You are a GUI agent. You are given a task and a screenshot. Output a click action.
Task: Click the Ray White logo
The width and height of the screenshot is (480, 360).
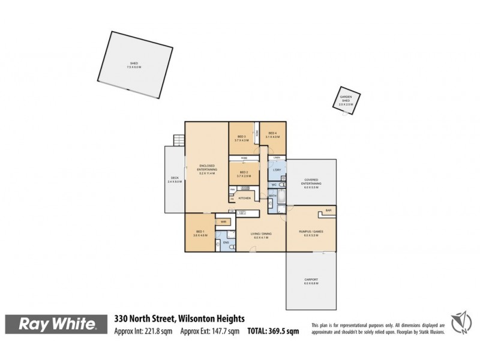coord(58,325)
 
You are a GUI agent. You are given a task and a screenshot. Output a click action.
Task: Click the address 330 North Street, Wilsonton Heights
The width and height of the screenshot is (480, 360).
coord(179,319)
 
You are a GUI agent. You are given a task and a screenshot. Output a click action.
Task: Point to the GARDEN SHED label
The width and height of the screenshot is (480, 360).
coord(346,100)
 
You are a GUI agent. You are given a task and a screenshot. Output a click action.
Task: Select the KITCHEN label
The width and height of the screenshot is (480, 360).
coord(244,198)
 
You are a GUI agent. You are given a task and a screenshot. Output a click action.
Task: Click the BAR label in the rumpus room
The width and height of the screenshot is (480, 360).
coord(328,211)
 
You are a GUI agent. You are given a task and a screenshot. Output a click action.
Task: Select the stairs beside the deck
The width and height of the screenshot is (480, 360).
coord(177,140)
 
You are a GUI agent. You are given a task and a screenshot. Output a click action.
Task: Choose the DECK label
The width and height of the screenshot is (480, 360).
coord(174,179)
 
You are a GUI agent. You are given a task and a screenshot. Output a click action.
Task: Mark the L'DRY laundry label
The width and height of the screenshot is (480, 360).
coord(277,170)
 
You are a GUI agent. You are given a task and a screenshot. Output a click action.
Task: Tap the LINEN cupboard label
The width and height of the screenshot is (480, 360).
coord(276,157)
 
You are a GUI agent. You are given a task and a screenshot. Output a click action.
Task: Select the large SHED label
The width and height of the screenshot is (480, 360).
coord(133,64)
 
